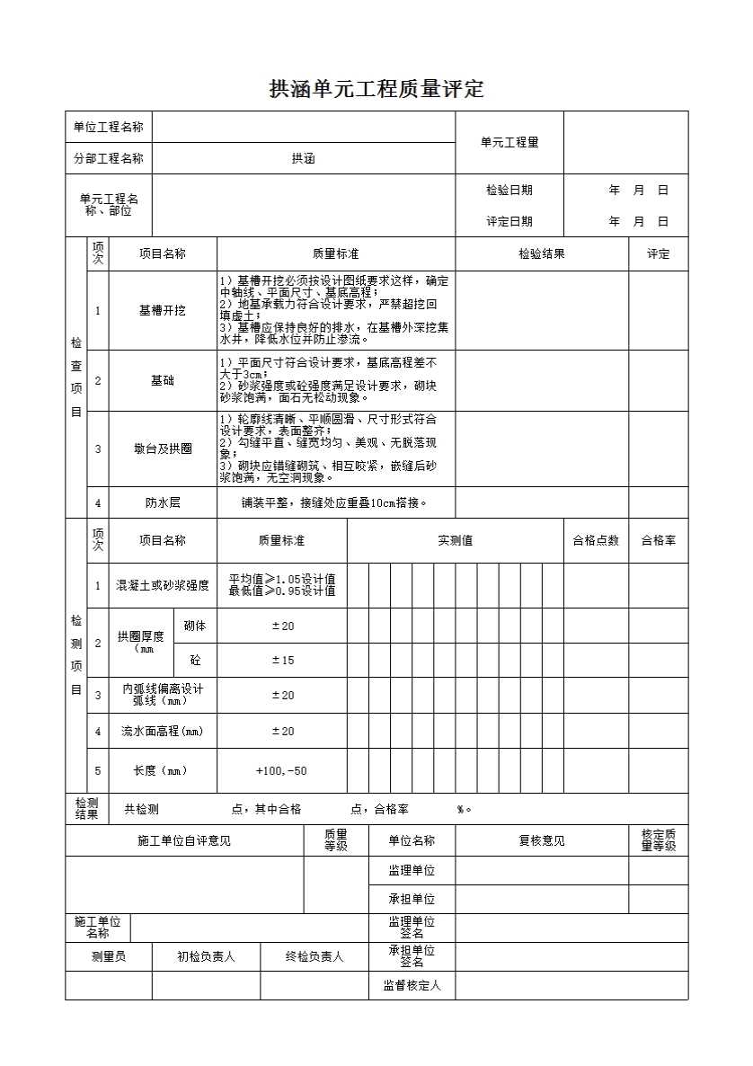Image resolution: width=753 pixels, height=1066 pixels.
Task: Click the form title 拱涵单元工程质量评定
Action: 376,89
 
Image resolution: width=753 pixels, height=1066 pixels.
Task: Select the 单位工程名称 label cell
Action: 108,127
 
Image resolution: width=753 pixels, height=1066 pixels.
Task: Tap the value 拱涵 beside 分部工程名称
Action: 303,159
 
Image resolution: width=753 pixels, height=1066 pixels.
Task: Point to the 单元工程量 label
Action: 509,142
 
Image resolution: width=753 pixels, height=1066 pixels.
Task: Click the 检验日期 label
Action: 509,191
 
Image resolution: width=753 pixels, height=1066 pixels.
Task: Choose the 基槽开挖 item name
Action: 162,310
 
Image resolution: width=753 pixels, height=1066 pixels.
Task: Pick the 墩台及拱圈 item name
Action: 162,449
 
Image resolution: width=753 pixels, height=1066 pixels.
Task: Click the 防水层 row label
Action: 162,502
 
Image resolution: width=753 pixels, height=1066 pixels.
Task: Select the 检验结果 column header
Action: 541,254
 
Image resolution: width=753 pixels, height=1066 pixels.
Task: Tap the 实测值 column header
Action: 455,540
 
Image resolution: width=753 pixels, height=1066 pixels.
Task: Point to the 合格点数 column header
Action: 596,540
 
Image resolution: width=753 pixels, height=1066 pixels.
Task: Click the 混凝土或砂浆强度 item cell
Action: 162,586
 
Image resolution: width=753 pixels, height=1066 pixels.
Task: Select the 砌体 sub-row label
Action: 194,626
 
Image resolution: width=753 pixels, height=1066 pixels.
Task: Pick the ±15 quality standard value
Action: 282,661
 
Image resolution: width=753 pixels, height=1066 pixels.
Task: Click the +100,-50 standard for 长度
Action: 281,771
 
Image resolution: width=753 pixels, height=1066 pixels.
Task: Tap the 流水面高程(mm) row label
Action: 162,732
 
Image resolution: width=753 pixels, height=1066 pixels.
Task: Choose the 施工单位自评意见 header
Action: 184,841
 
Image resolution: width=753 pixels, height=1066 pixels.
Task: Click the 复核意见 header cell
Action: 541,841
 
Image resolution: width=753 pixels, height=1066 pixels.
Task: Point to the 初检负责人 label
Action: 206,957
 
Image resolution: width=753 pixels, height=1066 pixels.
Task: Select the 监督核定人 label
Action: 412,986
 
